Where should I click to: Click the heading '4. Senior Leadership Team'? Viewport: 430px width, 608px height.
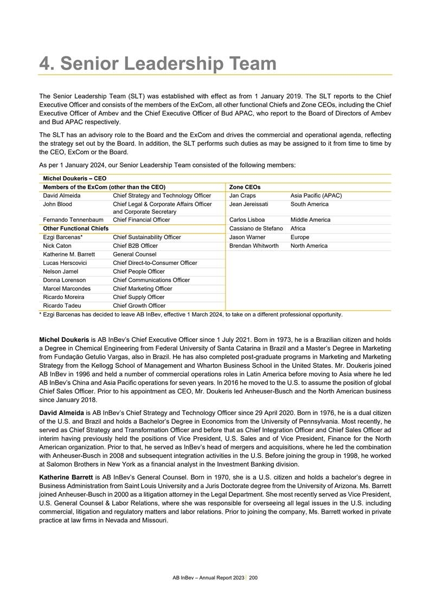(158, 64)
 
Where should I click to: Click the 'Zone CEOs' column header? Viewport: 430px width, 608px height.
(245, 187)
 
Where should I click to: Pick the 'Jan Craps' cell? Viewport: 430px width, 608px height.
(242, 196)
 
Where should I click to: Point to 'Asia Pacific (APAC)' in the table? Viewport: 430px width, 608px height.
(316, 196)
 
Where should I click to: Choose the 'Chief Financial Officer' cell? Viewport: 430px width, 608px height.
(141, 220)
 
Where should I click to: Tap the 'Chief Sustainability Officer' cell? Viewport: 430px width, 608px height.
(146, 237)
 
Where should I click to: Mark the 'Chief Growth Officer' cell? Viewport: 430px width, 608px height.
(139, 306)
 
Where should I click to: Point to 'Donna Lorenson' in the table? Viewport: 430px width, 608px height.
(64, 280)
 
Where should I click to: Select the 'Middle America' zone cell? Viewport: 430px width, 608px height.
(310, 220)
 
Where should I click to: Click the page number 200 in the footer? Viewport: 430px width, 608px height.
(254, 577)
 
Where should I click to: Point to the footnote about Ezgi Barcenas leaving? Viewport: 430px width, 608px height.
(191, 314)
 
